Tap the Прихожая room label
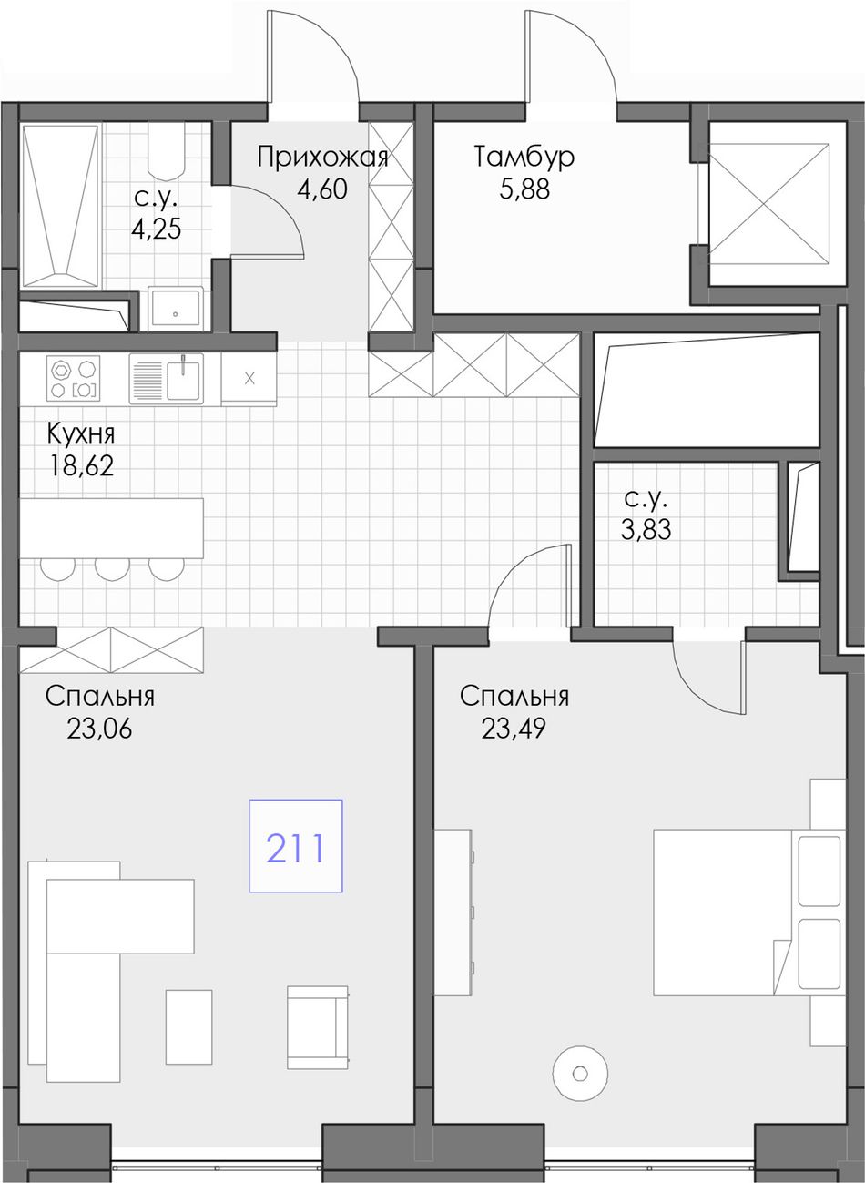coord(322,158)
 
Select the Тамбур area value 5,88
coord(524,189)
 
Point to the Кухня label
coord(80,434)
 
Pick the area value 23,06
coord(99,729)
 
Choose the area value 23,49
coord(514,729)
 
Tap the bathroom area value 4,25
coord(157,229)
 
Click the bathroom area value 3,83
coord(646,529)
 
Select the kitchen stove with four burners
coord(74,378)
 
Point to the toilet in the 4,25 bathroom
coord(166,151)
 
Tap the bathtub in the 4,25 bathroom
coord(61,206)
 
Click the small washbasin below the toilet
coord(176,308)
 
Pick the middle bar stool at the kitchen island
coord(113,569)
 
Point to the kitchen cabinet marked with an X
coord(249,379)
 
